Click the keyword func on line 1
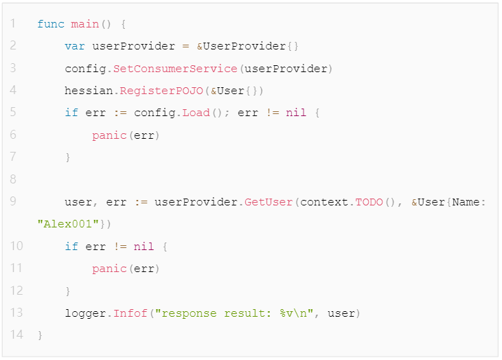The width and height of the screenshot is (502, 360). point(51,24)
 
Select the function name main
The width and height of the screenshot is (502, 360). point(85,24)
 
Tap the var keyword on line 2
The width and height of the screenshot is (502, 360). point(75,46)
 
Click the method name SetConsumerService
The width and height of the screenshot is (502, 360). point(175,69)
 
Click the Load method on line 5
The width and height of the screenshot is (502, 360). point(196,113)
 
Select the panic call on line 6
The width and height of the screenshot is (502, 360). point(109,135)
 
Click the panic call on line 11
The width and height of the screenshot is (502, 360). point(109,269)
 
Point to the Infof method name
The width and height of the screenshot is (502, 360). point(130,313)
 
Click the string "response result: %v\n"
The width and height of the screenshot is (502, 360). point(236,313)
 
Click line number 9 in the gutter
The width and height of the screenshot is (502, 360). point(14,202)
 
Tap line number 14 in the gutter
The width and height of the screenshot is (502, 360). point(16,335)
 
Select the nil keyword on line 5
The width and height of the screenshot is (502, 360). point(296,113)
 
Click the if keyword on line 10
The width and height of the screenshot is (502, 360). point(71,247)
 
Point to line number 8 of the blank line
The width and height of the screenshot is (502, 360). point(14,180)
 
